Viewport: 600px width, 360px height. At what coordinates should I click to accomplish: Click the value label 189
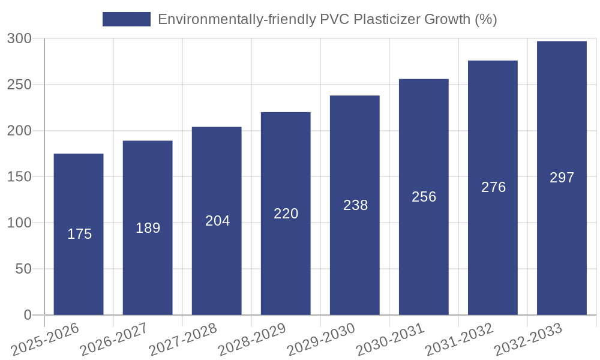click(x=148, y=228)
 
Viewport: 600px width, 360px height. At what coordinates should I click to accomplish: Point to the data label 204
click(x=217, y=221)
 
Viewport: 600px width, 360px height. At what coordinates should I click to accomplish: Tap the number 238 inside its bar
click(x=355, y=205)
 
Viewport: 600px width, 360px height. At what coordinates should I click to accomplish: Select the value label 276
click(x=493, y=187)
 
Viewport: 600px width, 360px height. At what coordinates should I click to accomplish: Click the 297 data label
click(x=562, y=178)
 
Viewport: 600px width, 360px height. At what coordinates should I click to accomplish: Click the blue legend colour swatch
click(x=126, y=19)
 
